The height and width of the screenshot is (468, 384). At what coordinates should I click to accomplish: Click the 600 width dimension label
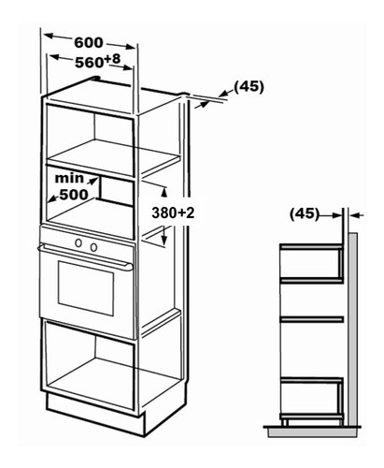click(x=89, y=43)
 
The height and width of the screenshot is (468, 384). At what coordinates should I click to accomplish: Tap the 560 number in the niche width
click(x=89, y=63)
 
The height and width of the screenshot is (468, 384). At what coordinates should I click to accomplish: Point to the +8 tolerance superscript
click(x=112, y=58)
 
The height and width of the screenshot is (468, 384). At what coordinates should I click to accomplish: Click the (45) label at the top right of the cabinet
click(x=249, y=87)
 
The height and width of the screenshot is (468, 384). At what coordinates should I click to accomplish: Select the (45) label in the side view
click(x=305, y=214)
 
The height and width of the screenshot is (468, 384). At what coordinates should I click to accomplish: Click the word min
click(x=69, y=178)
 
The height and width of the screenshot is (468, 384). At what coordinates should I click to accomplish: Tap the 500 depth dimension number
click(x=74, y=195)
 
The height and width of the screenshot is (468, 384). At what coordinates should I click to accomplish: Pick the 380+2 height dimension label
click(x=173, y=212)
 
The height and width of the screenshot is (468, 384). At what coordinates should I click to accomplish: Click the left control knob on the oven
click(x=78, y=242)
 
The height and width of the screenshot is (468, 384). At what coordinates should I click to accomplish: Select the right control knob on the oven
click(x=93, y=247)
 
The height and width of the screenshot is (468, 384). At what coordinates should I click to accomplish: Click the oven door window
click(x=86, y=288)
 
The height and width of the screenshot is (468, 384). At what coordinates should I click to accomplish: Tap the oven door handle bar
click(x=85, y=257)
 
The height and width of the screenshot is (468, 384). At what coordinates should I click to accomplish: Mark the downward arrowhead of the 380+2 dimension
click(x=164, y=240)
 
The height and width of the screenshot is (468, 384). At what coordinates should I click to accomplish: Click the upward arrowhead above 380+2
click(x=164, y=193)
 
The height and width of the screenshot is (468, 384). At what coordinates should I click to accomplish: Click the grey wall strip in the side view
click(x=352, y=329)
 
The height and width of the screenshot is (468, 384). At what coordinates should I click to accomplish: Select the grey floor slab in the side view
click(x=312, y=432)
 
